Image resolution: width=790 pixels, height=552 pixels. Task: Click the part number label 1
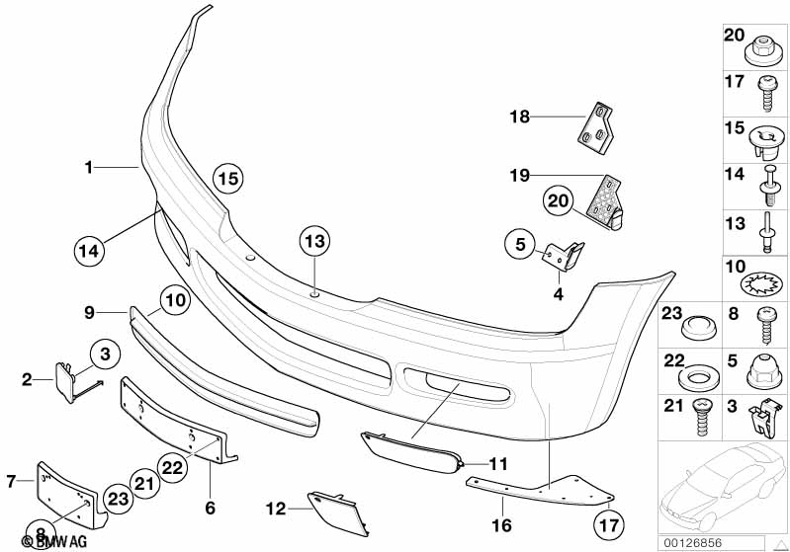[x=88, y=168]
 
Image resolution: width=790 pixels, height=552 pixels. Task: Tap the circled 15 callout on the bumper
[x=228, y=179]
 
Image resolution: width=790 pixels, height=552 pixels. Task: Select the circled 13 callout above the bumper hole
[x=313, y=241]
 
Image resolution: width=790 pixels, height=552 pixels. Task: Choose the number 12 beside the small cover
[x=275, y=509]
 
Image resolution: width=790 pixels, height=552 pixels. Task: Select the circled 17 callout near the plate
[x=606, y=524]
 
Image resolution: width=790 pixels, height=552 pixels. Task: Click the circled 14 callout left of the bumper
[x=88, y=250]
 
